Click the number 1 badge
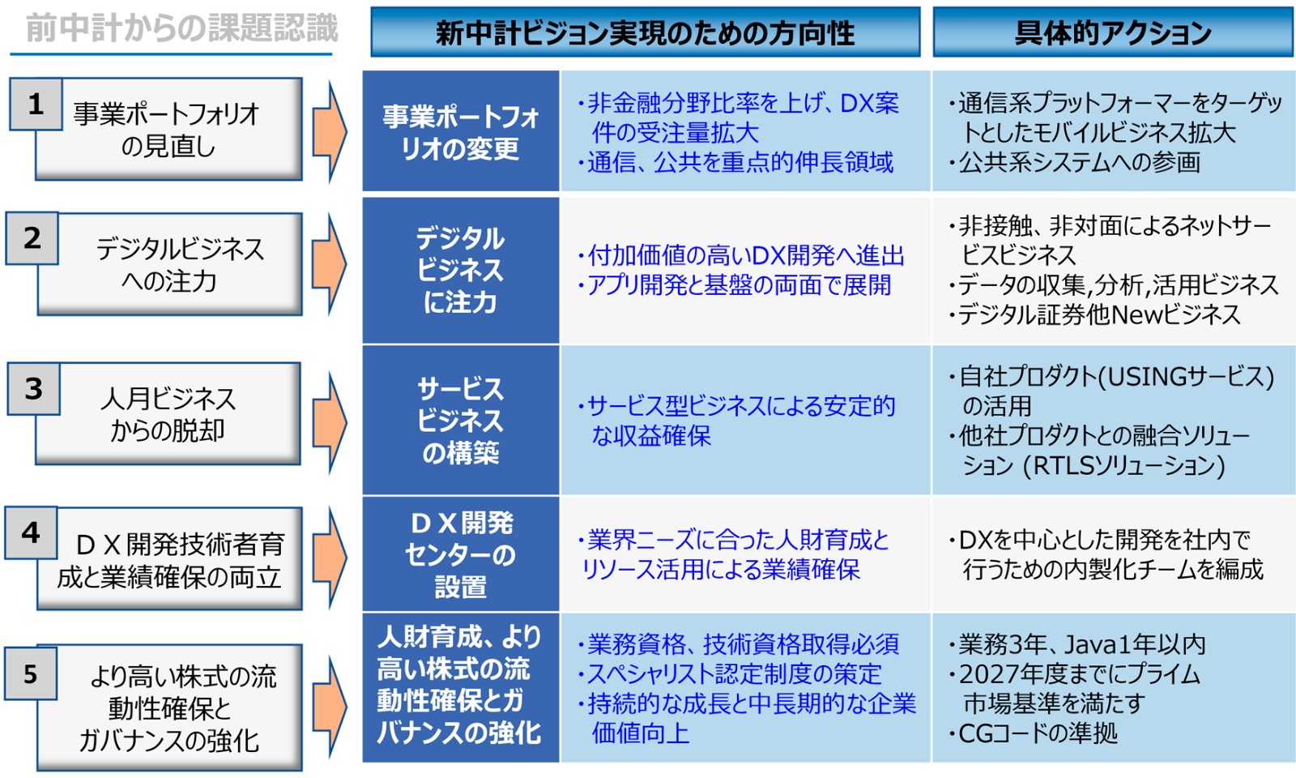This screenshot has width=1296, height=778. point(36,104)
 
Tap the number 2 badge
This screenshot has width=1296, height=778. point(32,238)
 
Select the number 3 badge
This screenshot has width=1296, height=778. point(33,389)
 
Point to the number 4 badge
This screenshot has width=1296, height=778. point(31,532)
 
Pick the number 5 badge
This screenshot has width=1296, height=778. point(31,673)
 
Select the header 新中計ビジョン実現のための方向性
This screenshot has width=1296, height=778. point(645,32)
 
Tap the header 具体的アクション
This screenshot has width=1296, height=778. point(1113,32)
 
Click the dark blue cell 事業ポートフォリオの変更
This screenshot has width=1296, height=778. point(460,132)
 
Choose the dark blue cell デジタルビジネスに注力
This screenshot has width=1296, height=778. point(460,270)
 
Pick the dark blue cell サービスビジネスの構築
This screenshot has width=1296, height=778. point(460,420)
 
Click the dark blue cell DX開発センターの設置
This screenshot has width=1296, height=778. point(460,554)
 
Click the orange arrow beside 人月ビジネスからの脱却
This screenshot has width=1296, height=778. point(330,421)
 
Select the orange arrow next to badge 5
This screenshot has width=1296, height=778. point(330,707)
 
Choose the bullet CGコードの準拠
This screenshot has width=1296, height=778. point(1038,733)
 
